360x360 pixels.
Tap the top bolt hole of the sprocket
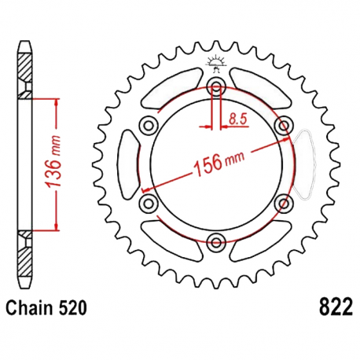pos(215,86)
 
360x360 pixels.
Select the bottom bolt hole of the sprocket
pos(215,241)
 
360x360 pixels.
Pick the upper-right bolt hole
pos(283,125)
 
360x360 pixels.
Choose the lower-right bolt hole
pos(283,203)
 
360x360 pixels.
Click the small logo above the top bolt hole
pos(215,64)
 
